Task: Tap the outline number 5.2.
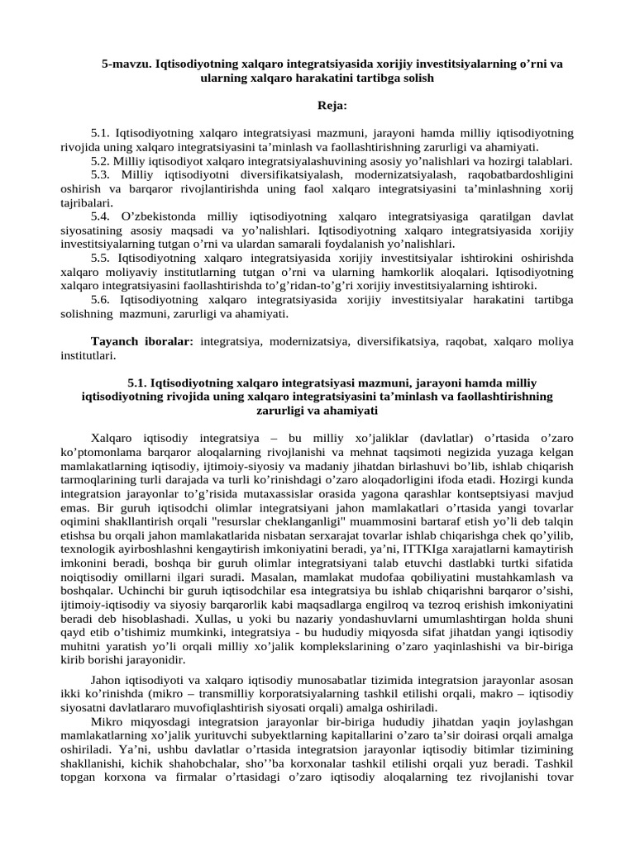(x=101, y=160)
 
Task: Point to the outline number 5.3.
(x=102, y=174)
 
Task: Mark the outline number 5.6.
(x=102, y=301)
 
